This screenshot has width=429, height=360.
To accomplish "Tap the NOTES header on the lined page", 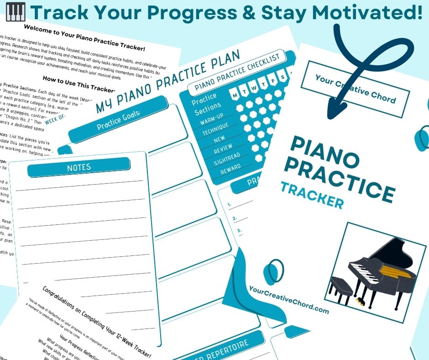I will (79, 168).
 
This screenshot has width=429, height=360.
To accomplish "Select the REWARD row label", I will (230, 171).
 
